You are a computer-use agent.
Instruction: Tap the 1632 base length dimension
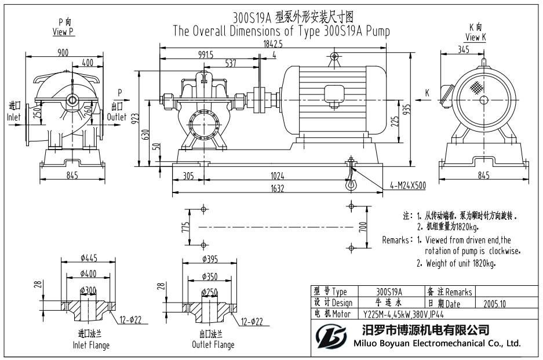coord(276,188)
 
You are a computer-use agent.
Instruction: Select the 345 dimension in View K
coord(463,50)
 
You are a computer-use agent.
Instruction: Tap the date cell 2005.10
coord(494,303)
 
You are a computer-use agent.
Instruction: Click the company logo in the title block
coord(330,336)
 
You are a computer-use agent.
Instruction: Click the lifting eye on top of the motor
coord(334,56)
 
